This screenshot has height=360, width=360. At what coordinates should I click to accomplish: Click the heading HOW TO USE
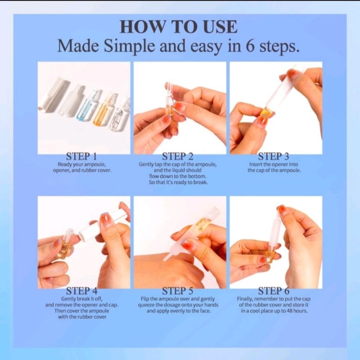pos(179,27)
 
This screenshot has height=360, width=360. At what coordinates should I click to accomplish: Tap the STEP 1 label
pos(81,157)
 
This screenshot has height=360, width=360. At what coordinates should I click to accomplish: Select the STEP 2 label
pos(178,157)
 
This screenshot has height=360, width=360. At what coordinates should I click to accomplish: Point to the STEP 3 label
pos(274,157)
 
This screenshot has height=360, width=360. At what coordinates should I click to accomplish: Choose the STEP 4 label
pos(81,291)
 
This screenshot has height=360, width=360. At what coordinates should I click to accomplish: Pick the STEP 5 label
pos(178,291)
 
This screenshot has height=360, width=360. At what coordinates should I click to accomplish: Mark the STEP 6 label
pos(274,291)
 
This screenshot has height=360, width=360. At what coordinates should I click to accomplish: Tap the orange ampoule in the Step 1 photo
pos(103,110)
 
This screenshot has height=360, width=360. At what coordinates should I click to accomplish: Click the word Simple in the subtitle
pos(130,46)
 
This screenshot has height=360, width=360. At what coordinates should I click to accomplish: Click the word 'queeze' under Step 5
pos(148,305)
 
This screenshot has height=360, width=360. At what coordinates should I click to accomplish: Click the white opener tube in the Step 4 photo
pos(103,225)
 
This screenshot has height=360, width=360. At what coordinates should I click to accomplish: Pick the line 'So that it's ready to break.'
pos(178,183)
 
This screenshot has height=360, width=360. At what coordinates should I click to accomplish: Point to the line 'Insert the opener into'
pos(274,164)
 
